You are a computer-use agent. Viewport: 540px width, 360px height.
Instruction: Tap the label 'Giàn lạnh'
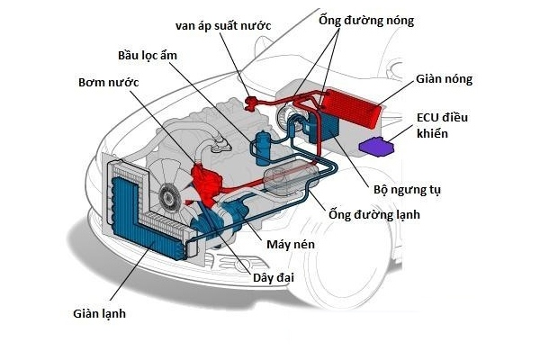coord(100,314)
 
